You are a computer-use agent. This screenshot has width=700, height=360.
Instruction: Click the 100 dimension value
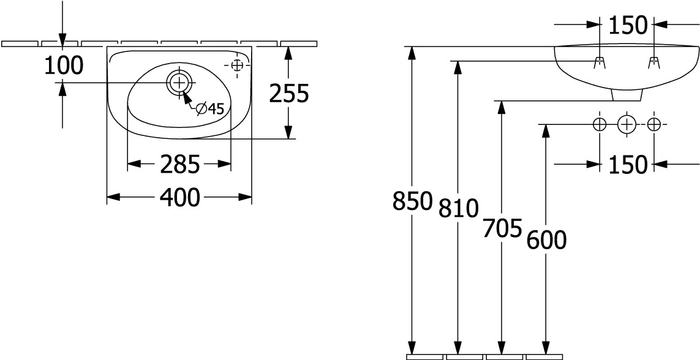(64, 66)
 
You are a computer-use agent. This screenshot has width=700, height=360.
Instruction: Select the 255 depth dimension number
(289, 94)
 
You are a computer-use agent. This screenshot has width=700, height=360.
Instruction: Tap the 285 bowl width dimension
(180, 165)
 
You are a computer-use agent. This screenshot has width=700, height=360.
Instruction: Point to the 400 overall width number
(180, 197)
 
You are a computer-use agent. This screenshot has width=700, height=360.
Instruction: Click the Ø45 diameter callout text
(210, 108)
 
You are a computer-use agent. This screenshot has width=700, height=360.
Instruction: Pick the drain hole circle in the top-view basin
(180, 83)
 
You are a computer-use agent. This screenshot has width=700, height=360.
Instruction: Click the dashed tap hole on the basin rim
(237, 66)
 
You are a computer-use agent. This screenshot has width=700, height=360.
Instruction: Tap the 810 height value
(459, 208)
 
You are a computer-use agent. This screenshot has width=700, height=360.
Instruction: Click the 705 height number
(502, 228)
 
